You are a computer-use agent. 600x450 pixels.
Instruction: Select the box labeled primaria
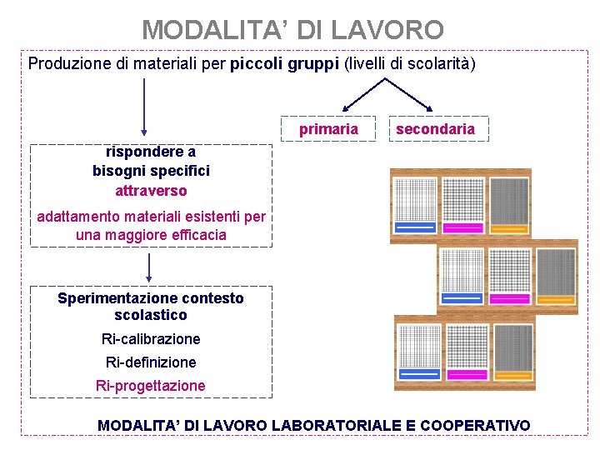point(328,128)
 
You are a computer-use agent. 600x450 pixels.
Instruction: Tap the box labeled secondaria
point(435,128)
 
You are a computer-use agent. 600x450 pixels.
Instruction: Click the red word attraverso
point(151,191)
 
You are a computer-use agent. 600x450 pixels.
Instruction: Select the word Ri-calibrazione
point(151,339)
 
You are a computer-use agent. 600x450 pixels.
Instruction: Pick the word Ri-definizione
point(151,362)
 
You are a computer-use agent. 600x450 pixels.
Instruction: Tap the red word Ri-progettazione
point(151,386)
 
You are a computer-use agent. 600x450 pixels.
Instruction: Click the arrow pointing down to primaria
point(361,96)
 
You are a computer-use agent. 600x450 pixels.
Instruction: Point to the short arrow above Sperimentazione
point(149,268)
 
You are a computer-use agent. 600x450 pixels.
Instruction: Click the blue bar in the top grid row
point(417,227)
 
